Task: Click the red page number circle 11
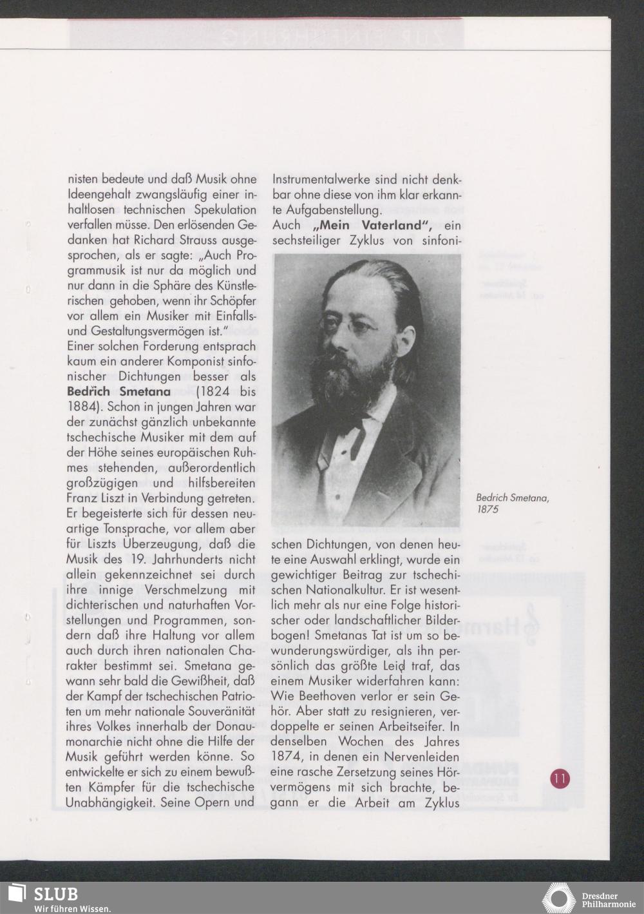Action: coord(560,778)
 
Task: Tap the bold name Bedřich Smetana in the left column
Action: coord(118,392)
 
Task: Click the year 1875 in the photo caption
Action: coord(488,509)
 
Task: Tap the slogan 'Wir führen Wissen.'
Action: coord(73,908)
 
